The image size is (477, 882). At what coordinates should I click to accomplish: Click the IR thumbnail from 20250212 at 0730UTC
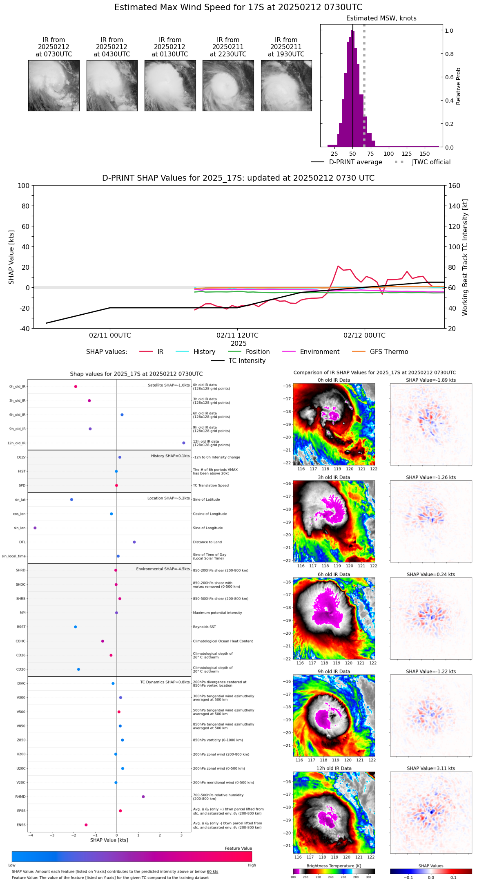pyautogui.click(x=54, y=85)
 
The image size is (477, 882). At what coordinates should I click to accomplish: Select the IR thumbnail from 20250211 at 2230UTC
pyautogui.click(x=228, y=85)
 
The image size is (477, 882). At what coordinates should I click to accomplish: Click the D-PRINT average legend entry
pyautogui.click(x=347, y=162)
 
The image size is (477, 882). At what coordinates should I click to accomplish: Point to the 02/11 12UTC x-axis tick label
pyautogui.click(x=237, y=336)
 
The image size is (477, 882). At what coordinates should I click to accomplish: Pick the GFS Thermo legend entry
pyautogui.click(x=380, y=352)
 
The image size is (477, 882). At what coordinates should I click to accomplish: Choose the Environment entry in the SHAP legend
pyautogui.click(x=311, y=352)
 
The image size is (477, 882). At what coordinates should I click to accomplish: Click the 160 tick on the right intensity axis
pyautogui.click(x=454, y=186)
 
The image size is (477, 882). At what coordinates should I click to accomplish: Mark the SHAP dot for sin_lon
pyautogui.click(x=35, y=528)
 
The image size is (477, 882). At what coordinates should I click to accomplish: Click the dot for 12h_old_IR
pyautogui.click(x=184, y=443)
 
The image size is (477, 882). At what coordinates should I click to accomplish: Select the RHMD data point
pyautogui.click(x=143, y=797)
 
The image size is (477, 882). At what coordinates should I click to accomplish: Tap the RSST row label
pyautogui.click(x=21, y=627)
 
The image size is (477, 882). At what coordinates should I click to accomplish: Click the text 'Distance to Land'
pyautogui.click(x=207, y=542)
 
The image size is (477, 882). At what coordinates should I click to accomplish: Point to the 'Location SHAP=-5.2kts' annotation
pyautogui.click(x=168, y=498)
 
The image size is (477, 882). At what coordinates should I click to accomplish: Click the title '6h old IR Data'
pyautogui.click(x=334, y=574)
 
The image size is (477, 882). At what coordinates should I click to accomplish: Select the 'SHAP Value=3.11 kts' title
pyautogui.click(x=431, y=768)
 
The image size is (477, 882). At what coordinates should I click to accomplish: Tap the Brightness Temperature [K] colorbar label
pyautogui.click(x=334, y=866)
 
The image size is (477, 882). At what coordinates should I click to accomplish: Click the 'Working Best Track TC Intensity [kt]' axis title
pyautogui.click(x=465, y=257)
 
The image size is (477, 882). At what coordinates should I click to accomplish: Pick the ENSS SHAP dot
pyautogui.click(x=86, y=825)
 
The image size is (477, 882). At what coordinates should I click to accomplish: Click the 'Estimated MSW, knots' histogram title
pyautogui.click(x=381, y=18)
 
